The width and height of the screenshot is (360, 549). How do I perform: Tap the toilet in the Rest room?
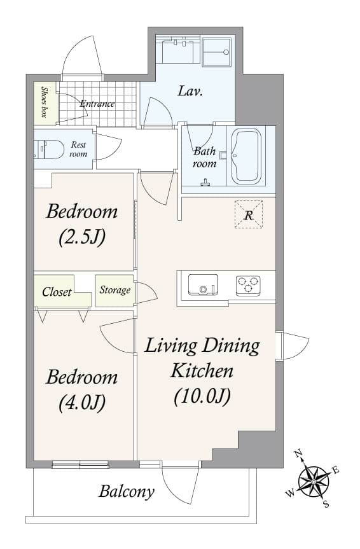click(x=50, y=150)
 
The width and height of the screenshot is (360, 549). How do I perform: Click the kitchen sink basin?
click(x=203, y=285)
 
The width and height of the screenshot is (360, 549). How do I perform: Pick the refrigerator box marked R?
click(x=248, y=214)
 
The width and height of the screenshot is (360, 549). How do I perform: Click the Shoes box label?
click(x=44, y=102)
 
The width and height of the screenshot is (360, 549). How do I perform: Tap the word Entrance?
click(x=97, y=104)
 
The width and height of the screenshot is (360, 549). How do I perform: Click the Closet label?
click(x=57, y=293)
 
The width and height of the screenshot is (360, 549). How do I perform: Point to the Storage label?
click(x=114, y=290)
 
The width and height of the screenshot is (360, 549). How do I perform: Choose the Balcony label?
click(x=127, y=491)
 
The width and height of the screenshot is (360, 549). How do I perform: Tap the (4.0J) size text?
click(x=81, y=402)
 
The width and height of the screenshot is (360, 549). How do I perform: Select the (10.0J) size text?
click(x=202, y=396)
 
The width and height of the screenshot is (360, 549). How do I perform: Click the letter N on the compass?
click(x=298, y=454)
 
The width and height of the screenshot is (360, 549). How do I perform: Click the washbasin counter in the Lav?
click(x=178, y=50)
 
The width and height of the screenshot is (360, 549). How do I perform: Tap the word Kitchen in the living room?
click(x=202, y=370)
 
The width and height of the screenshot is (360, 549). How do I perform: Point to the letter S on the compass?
click(x=326, y=504)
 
